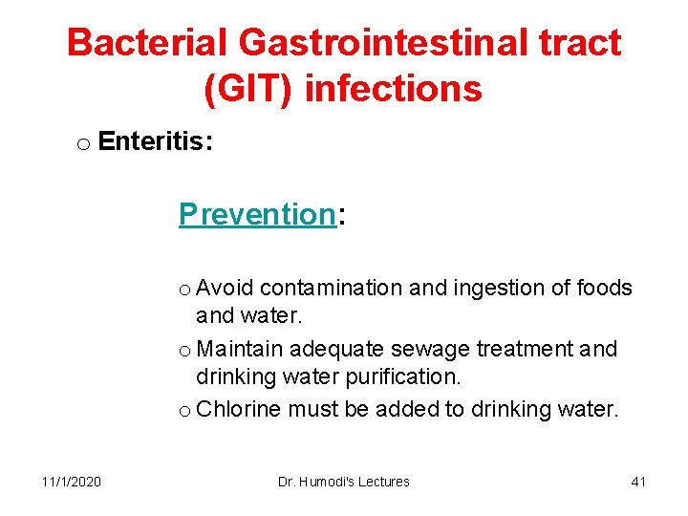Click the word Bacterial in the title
[x=146, y=43]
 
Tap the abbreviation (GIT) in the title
[x=247, y=89]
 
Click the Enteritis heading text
[x=155, y=142]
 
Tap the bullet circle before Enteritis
[x=83, y=144]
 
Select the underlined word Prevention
[x=256, y=214]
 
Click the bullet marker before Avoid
[x=185, y=290]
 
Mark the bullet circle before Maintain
[x=185, y=351]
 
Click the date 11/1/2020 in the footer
[x=72, y=482]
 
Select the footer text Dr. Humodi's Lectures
[x=343, y=482]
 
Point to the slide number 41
[x=638, y=482]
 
